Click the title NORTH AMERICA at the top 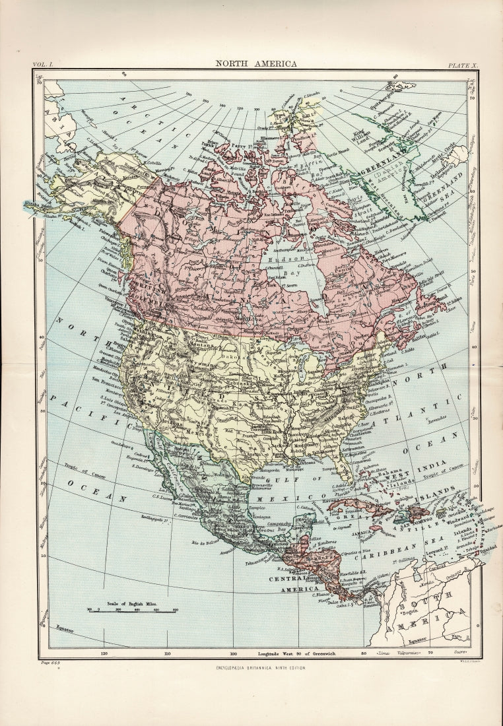click(257, 64)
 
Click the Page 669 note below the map click(51, 662)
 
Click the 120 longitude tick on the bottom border click(103, 653)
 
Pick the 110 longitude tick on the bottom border click(168, 653)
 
